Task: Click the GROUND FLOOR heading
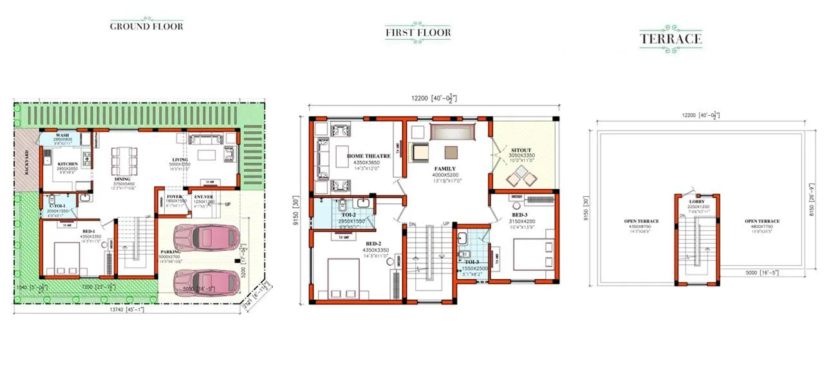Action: click(146, 26)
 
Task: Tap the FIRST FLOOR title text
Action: click(418, 32)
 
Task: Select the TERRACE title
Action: click(670, 39)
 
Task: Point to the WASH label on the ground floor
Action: click(62, 136)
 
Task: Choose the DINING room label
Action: click(122, 179)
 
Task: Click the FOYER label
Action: click(174, 196)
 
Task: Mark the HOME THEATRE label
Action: click(368, 156)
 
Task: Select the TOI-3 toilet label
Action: click(473, 262)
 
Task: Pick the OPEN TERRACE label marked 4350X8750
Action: click(641, 221)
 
